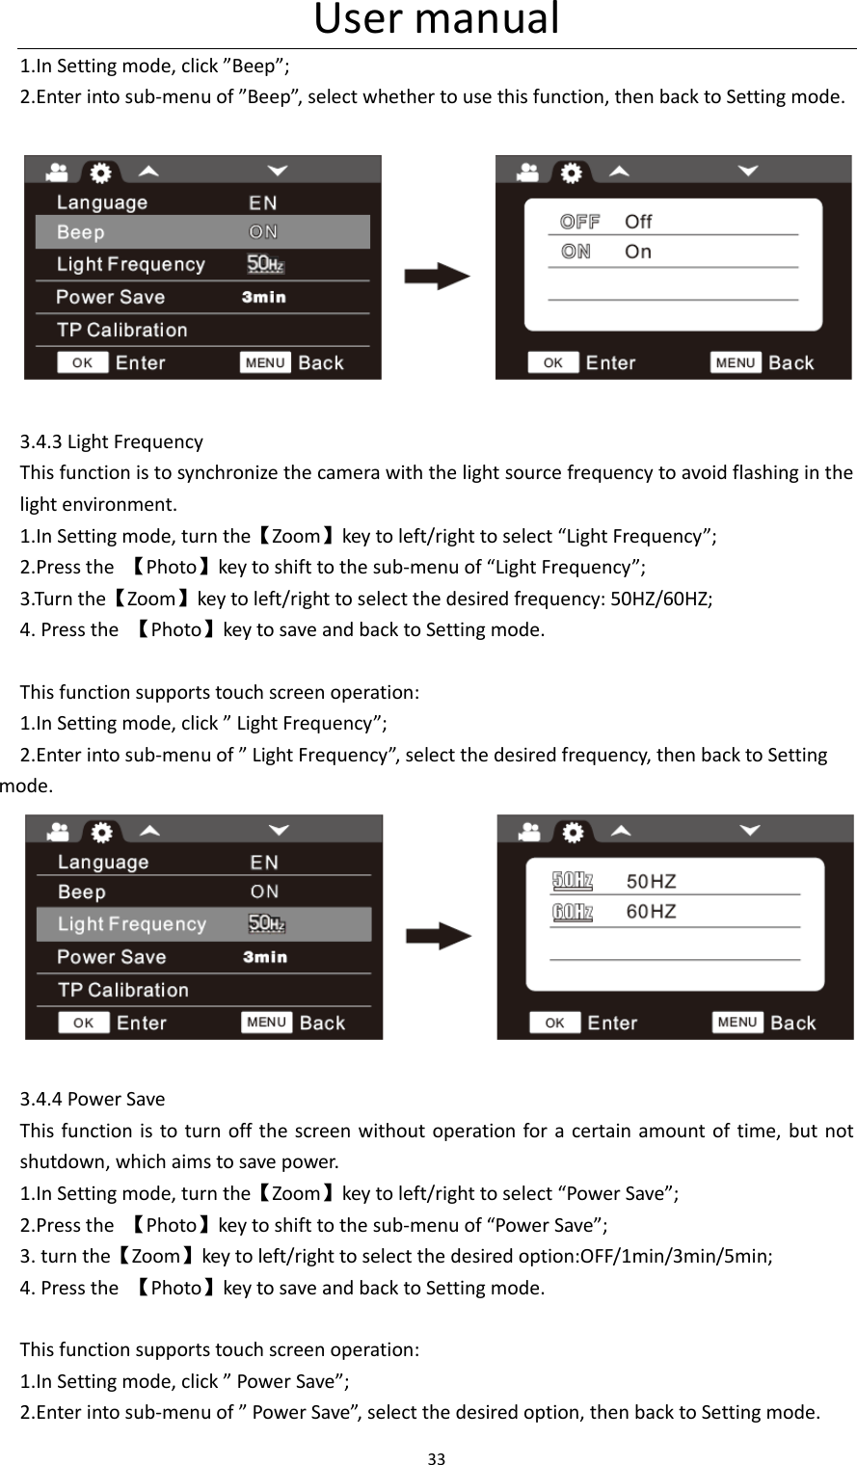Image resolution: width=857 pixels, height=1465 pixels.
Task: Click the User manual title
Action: [x=437, y=20]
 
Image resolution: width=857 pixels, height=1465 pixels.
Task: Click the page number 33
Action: [x=437, y=1458]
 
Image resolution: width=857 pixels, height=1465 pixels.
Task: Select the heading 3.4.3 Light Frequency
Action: [x=112, y=442]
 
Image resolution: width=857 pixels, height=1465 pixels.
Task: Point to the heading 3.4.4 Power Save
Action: [x=93, y=1100]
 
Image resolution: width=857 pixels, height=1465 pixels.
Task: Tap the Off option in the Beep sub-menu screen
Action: [x=637, y=222]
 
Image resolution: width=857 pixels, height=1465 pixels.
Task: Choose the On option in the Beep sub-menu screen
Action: [x=637, y=252]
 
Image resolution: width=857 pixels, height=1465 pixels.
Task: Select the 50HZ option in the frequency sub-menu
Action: [x=651, y=881]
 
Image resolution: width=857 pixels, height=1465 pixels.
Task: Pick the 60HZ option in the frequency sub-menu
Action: [x=651, y=912]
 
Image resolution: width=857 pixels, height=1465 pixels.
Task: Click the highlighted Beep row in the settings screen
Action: [x=202, y=232]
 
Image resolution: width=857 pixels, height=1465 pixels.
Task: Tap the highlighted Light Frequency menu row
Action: [x=203, y=924]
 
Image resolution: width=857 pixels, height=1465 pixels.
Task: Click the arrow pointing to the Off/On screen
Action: [x=437, y=278]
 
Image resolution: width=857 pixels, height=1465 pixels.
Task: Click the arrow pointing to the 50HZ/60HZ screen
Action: [x=438, y=936]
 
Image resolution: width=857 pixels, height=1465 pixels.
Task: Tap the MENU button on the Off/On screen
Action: [x=736, y=362]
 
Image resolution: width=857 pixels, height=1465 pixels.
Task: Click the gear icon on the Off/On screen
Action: [x=572, y=173]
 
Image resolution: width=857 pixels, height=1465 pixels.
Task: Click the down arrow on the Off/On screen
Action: [x=749, y=172]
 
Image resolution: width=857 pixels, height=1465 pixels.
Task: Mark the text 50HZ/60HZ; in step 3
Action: [x=656, y=599]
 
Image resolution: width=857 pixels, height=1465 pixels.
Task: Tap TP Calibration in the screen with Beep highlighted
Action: [x=122, y=331]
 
